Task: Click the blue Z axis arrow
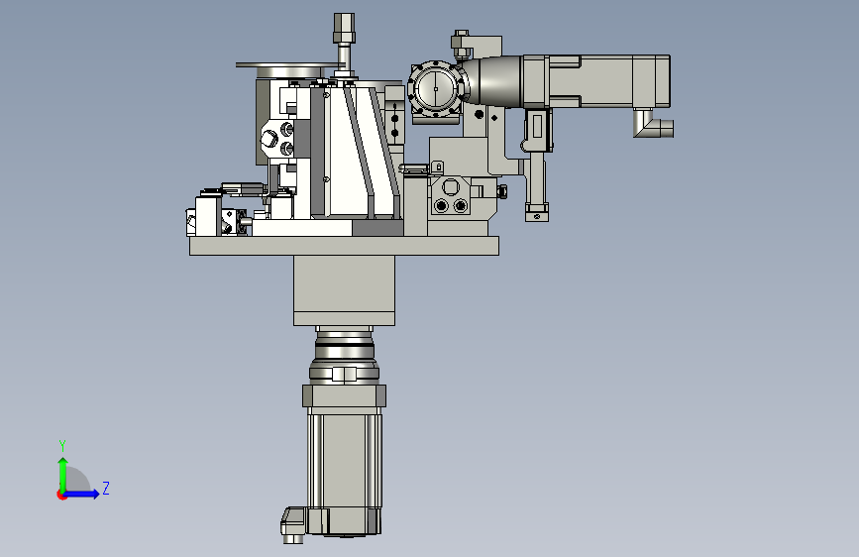(82, 494)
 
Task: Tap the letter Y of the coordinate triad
(62, 445)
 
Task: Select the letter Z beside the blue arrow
(106, 488)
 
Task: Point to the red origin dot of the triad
(60, 495)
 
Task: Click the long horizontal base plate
(344, 246)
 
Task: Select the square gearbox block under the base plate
(344, 290)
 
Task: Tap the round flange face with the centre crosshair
(436, 88)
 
